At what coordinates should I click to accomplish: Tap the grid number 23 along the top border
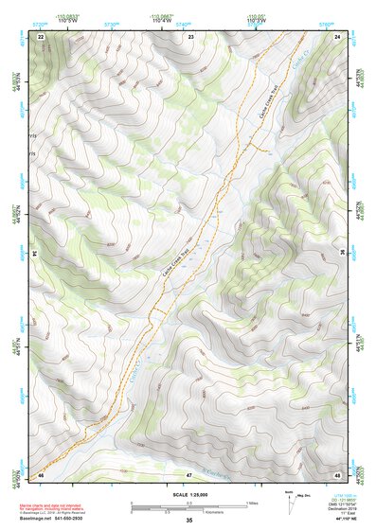pos(189,35)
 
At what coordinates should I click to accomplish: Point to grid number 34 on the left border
pos(33,254)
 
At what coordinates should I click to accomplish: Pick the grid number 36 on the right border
pos(343,254)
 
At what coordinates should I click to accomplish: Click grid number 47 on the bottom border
pos(189,473)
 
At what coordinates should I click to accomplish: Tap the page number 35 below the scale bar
pos(189,521)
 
